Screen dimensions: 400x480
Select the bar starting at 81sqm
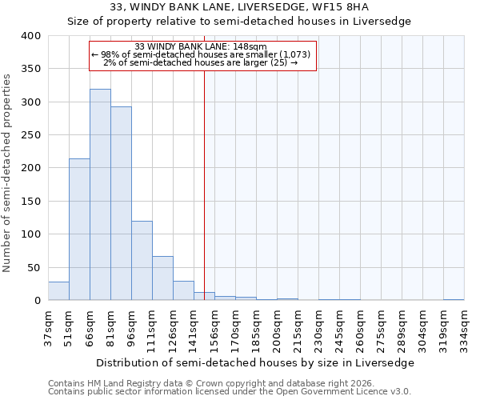point(121,203)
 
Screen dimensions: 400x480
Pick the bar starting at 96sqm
point(142,261)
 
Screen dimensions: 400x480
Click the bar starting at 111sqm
point(162,278)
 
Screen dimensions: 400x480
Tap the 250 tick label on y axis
point(30,135)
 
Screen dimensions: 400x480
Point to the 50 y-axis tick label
point(34,267)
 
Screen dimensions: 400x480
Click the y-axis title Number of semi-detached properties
point(8,172)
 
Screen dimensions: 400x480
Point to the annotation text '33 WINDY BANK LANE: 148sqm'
point(203,46)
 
